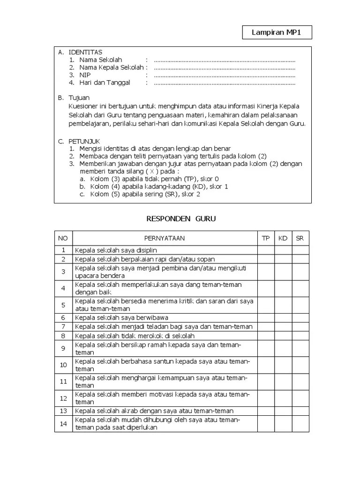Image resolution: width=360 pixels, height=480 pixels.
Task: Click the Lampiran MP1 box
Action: (277, 33)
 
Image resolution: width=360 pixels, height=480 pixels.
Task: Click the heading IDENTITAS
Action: (85, 52)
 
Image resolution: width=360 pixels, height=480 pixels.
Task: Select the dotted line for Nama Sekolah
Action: (224, 60)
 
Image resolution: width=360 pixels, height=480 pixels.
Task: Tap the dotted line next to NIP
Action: (224, 75)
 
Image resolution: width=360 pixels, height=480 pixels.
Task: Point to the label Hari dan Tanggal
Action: (105, 83)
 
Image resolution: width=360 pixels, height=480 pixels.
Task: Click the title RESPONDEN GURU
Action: (181, 219)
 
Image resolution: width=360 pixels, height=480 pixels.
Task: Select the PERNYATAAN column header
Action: (165, 238)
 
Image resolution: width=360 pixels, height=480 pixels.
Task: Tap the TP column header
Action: (266, 238)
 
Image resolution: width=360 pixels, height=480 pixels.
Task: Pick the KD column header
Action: (283, 238)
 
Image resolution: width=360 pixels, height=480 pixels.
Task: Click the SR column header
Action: (300, 238)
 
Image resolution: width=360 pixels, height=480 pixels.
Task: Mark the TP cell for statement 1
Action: (266, 250)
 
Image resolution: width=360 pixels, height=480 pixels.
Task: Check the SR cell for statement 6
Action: (300, 318)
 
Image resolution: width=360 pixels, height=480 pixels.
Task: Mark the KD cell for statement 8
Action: (283, 336)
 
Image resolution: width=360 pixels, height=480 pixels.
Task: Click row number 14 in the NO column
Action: (63, 424)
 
